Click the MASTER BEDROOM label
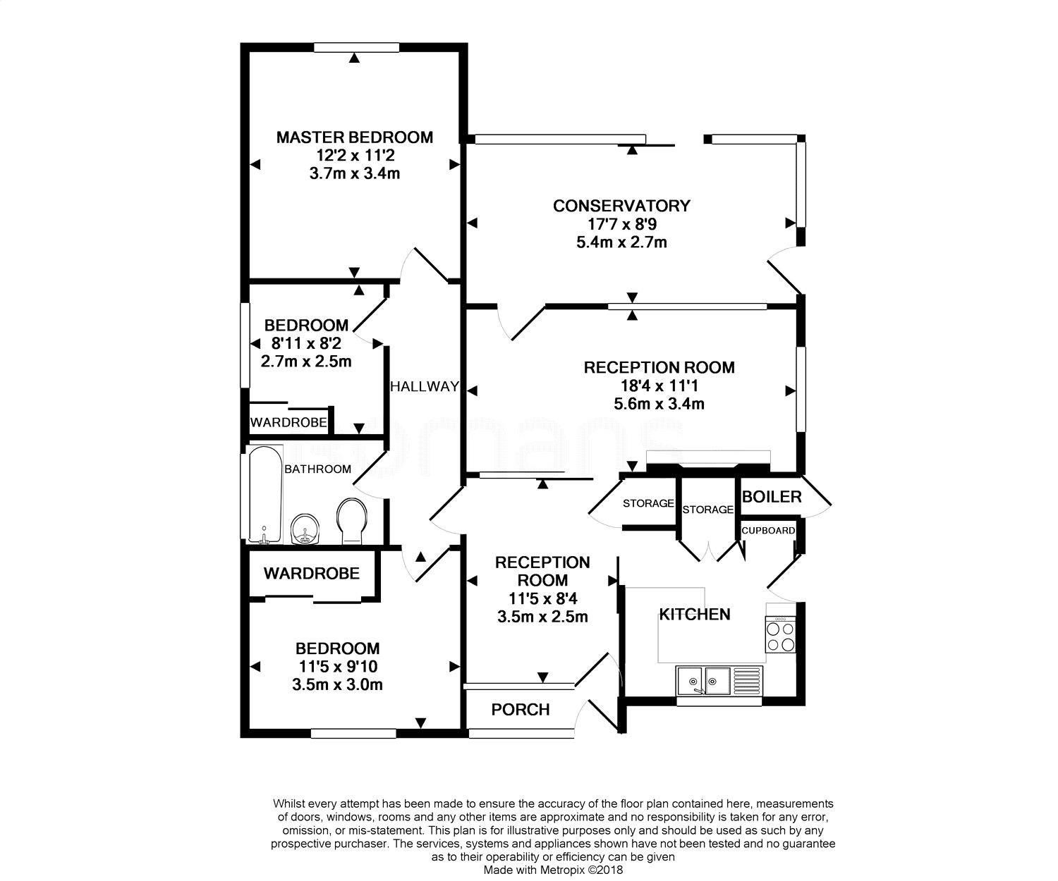pyautogui.click(x=354, y=137)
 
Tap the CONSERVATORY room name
pyautogui.click(x=621, y=206)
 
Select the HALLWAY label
pyautogui.click(x=425, y=386)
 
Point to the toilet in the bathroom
pyautogui.click(x=352, y=520)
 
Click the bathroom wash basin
pyautogui.click(x=305, y=529)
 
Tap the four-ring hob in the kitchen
pyautogui.click(x=781, y=634)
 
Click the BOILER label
pyautogui.click(x=772, y=497)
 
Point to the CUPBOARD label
pyautogui.click(x=768, y=530)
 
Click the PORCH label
pyautogui.click(x=521, y=710)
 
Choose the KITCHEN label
pyautogui.click(x=695, y=615)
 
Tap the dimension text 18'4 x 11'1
pyautogui.click(x=659, y=386)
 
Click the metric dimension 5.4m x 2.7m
pyautogui.click(x=621, y=242)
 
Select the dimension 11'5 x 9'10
pyautogui.click(x=337, y=666)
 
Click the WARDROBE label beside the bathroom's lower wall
pyautogui.click(x=312, y=573)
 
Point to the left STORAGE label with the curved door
pyautogui.click(x=648, y=503)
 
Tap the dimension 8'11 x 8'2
pyautogui.click(x=306, y=344)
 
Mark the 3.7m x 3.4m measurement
pyautogui.click(x=354, y=173)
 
